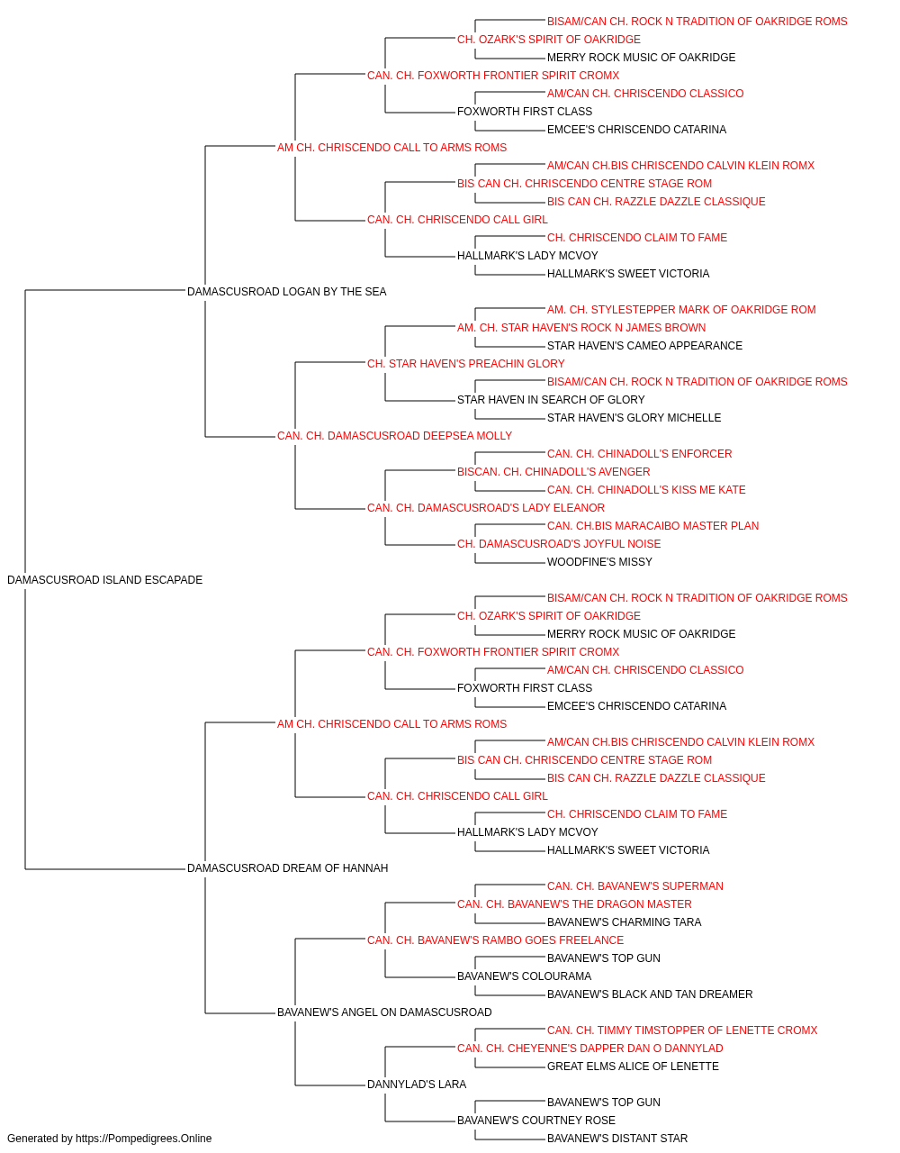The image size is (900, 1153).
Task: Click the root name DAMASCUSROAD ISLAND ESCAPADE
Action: pos(105,580)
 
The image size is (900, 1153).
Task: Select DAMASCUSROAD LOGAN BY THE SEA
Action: pos(287,292)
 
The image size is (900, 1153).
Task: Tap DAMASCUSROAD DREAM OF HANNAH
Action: pos(288,868)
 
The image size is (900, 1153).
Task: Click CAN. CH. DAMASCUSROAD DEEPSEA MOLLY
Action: pos(394,436)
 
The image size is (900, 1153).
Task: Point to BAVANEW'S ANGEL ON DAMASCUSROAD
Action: pos(384,1012)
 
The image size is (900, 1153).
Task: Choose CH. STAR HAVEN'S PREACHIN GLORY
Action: pos(466,364)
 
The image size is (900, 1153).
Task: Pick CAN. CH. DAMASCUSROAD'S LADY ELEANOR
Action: pos(486,508)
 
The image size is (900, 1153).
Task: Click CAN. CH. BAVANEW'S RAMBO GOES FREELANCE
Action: pos(496,940)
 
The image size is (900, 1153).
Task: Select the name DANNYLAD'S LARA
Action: pos(417,1085)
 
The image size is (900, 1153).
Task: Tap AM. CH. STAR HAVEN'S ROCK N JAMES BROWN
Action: pos(581,328)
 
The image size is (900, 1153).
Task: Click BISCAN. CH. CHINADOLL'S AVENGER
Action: pos(553,472)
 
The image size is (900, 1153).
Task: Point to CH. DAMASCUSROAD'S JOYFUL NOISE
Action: pos(559,544)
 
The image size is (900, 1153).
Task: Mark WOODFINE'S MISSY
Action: pos(599,562)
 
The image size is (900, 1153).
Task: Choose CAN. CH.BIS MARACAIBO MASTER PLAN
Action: pos(653,526)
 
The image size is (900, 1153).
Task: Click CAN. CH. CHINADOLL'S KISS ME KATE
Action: pos(646,490)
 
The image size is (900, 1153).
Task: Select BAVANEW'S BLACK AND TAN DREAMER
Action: pos(650,994)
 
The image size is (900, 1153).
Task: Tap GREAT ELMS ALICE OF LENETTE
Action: pos(633,1067)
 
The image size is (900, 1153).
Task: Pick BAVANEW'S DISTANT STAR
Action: pos(617,1139)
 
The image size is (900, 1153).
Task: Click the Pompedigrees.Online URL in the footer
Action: pos(144,1139)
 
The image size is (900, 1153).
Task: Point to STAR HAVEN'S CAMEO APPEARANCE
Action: pos(644,346)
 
